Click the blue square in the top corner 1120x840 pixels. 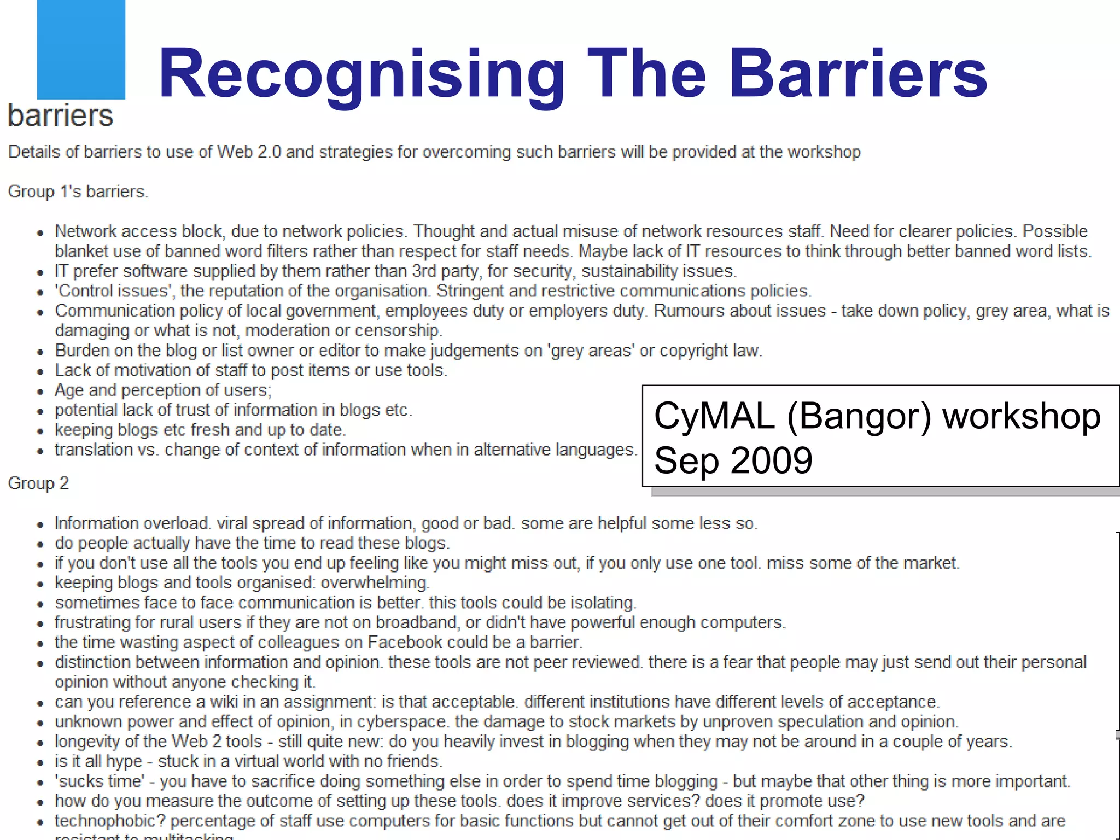[81, 49]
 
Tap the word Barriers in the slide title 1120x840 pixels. [858, 74]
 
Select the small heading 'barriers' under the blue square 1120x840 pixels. [61, 115]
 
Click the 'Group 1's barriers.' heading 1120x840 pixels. [78, 192]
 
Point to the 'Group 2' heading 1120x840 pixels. [38, 483]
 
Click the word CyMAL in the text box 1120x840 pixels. [714, 416]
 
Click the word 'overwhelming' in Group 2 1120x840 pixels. [375, 583]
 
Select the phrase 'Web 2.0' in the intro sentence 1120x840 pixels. [249, 152]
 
